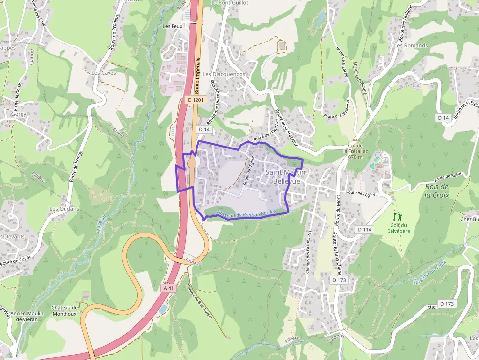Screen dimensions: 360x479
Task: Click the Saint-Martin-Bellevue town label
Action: (x=286, y=177)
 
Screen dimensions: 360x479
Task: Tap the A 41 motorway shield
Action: (x=168, y=288)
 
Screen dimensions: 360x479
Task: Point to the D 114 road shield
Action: (x=365, y=229)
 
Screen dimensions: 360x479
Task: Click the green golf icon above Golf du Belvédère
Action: (x=398, y=216)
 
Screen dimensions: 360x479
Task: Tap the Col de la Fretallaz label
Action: (x=355, y=151)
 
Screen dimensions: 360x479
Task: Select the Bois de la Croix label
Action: (x=436, y=191)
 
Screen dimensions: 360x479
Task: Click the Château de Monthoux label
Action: (x=65, y=311)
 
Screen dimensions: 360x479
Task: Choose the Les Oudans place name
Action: (x=64, y=209)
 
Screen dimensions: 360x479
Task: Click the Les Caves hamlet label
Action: (x=104, y=73)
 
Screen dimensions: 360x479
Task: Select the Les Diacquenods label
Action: (x=224, y=74)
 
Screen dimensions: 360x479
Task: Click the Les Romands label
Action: (x=411, y=45)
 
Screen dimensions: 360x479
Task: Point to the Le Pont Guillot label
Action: (x=230, y=3)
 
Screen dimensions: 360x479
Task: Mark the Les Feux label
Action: (x=172, y=26)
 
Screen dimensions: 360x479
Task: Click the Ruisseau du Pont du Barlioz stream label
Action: (x=246, y=213)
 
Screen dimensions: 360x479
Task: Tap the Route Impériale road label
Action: (x=197, y=75)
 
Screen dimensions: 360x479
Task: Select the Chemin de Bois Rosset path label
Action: (x=199, y=301)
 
